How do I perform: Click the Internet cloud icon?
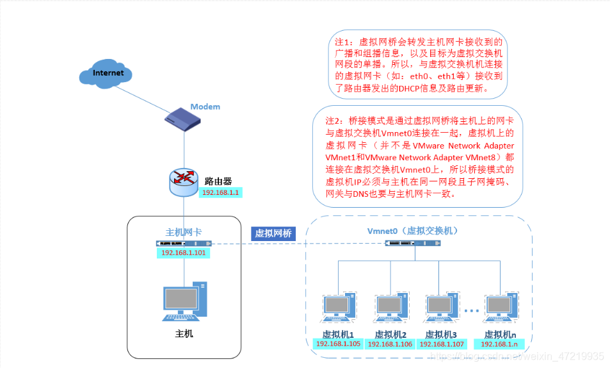pos(106,74)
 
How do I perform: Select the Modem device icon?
pos(182,119)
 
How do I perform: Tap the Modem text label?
pos(205,106)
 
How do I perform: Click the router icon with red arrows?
pos(184,182)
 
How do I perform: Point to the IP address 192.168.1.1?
pos(221,192)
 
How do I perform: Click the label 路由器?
pos(218,181)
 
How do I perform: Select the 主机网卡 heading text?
pos(184,232)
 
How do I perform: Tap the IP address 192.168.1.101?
pos(183,253)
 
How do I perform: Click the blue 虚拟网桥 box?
pos(273,233)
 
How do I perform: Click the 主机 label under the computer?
pos(184,333)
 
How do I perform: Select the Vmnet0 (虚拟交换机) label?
pos(413,231)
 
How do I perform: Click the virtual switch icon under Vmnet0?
pos(413,243)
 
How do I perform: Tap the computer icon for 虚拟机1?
pos(339,307)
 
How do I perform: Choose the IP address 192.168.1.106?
pos(390,344)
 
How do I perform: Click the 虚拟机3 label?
pos(441,335)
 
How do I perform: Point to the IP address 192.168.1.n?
pos(499,344)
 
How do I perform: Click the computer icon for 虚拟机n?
pos(501,307)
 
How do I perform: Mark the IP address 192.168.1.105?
pos(338,344)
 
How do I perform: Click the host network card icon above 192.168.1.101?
pos(184,243)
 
